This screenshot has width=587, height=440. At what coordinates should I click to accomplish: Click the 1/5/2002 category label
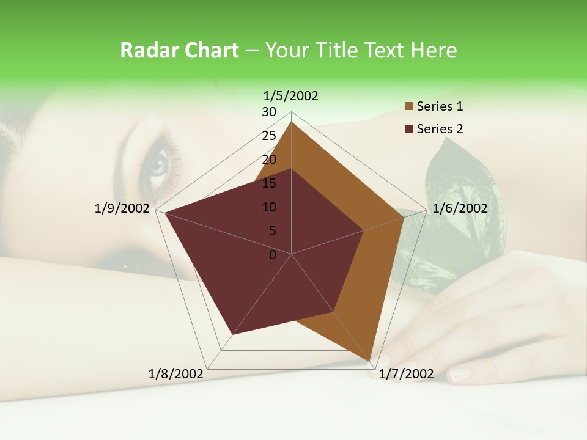pyautogui.click(x=291, y=95)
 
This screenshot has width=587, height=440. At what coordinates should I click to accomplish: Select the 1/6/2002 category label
pyautogui.click(x=460, y=208)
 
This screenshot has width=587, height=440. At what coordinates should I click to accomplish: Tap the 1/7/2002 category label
pyautogui.click(x=407, y=374)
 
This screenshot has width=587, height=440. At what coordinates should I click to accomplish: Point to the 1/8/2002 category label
pyautogui.click(x=176, y=374)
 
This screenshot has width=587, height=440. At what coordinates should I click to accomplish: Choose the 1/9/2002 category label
pyautogui.click(x=122, y=208)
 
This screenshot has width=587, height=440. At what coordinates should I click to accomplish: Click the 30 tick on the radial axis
pyautogui.click(x=269, y=112)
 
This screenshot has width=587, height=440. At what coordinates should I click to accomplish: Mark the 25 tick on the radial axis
pyautogui.click(x=269, y=136)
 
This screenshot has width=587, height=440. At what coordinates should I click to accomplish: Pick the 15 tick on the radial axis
pyautogui.click(x=269, y=183)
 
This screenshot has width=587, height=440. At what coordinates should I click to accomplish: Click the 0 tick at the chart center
pyautogui.click(x=273, y=255)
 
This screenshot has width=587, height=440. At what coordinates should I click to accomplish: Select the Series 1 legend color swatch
pyautogui.click(x=410, y=107)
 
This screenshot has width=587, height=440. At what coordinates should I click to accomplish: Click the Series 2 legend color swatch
pyautogui.click(x=410, y=129)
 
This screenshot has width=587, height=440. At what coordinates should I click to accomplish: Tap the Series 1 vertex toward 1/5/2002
pyautogui.click(x=292, y=122)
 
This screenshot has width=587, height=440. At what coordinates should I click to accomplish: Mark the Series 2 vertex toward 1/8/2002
pyautogui.click(x=232, y=334)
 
